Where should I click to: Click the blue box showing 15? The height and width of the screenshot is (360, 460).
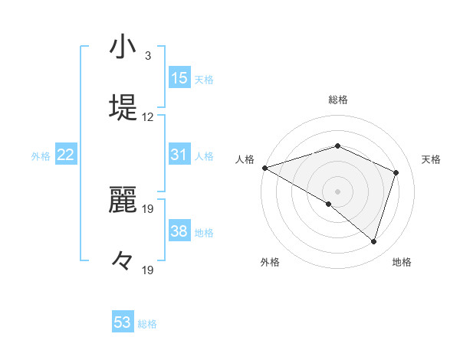point(179,78)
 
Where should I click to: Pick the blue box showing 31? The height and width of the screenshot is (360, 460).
point(179,155)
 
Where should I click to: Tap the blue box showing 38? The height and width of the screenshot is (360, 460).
point(179,231)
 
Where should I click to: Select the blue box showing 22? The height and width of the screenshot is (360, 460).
point(66,155)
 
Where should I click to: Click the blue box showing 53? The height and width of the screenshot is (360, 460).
point(123,322)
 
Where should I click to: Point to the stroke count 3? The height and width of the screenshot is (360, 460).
point(147,55)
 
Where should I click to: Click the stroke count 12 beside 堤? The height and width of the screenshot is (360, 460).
point(148,117)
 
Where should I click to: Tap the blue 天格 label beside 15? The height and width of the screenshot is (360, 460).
point(204,80)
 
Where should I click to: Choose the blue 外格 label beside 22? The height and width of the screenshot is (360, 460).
point(41,155)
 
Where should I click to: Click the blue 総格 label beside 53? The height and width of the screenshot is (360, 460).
point(147,324)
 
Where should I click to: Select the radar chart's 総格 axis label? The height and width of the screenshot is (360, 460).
point(337,100)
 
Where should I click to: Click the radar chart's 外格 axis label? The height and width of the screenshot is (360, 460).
point(270,262)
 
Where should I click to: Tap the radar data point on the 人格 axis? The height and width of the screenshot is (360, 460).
point(264,168)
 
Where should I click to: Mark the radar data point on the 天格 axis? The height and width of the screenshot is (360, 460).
point(396,172)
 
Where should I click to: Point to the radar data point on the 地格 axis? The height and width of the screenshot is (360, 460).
point(374,241)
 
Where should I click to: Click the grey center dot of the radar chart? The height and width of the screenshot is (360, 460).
point(337,191)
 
